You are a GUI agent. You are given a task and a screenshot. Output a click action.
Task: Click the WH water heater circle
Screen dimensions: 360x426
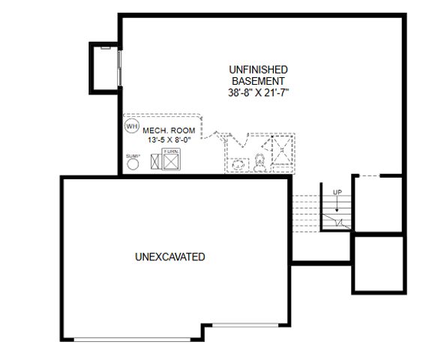click(132, 126)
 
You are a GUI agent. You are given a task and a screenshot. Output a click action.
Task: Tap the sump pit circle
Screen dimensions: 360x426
click(133, 163)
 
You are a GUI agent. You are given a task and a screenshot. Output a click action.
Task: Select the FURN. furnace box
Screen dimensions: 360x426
click(171, 160)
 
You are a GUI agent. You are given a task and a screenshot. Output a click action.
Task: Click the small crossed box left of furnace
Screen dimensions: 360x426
click(156, 161)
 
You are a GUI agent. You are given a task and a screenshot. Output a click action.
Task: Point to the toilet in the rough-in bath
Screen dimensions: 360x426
click(259, 160)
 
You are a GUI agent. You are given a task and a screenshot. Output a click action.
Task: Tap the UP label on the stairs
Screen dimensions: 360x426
click(337, 193)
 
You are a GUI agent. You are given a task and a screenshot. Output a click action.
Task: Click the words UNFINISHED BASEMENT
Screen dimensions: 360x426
click(258, 75)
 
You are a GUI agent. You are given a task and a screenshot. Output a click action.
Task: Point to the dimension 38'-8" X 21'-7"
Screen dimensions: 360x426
click(258, 93)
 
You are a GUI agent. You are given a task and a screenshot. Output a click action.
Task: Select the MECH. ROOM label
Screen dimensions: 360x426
click(163, 130)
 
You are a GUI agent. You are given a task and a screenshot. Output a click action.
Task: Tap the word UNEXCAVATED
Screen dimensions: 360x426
click(170, 257)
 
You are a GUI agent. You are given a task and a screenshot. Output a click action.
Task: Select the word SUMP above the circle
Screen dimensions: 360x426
click(133, 154)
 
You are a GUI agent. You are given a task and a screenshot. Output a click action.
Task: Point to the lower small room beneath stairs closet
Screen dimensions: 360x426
click(379, 263)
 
